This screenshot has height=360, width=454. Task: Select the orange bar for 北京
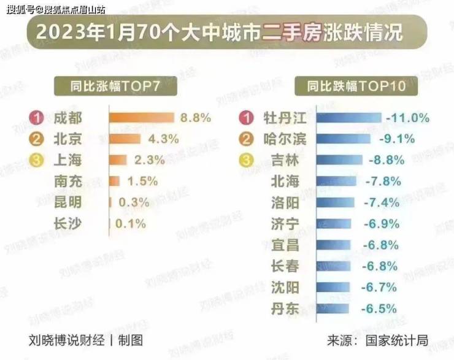tap(125, 139)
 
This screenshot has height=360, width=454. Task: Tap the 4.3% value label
tap(164, 139)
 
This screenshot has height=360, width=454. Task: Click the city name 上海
tap(67, 160)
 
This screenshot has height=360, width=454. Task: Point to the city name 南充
tap(67, 181)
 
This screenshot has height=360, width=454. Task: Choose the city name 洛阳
tap(285, 202)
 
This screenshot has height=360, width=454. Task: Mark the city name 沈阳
tap(285, 287)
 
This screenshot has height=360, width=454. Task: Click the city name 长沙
tap(67, 223)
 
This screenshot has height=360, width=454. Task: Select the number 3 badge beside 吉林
tap(247, 160)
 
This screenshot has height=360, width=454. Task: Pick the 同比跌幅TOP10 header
tap(356, 86)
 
